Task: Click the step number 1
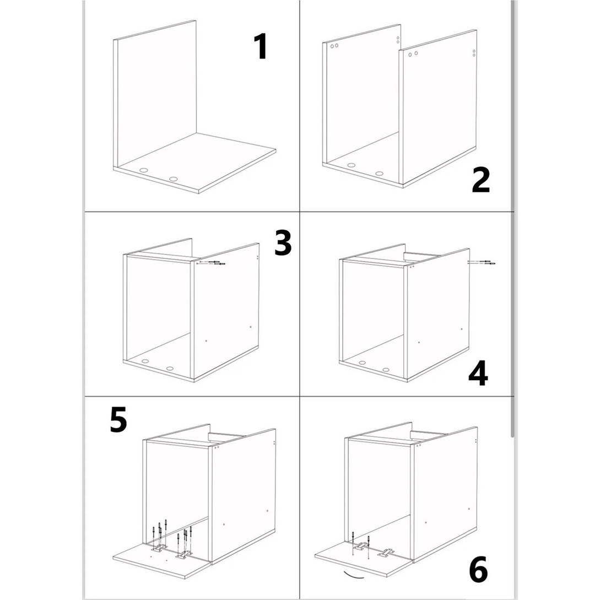(261, 46)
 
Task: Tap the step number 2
(480, 180)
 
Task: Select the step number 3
(283, 242)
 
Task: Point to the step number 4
(478, 372)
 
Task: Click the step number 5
(118, 420)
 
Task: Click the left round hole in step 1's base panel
(144, 170)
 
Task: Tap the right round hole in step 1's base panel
(174, 179)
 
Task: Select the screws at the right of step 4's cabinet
(482, 262)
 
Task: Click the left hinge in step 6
(360, 547)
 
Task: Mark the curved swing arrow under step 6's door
(354, 576)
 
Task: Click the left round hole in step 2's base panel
(352, 166)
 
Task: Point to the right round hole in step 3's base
(170, 369)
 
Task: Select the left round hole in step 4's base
(362, 363)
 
